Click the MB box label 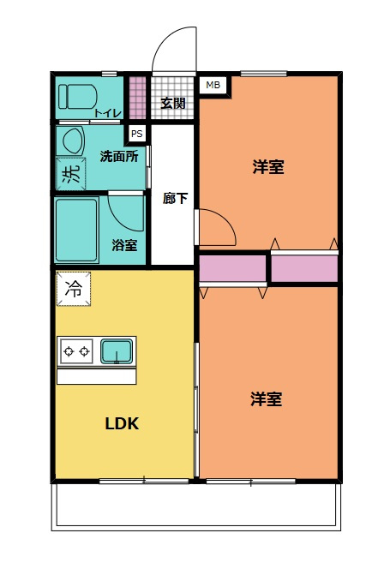212,85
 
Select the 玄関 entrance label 172,104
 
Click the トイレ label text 107,112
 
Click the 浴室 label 124,245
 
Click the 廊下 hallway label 175,198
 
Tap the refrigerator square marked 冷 74,289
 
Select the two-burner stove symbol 76,350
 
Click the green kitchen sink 116,350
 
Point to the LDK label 122,424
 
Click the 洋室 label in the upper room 268,167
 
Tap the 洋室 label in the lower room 267,399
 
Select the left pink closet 232,269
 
